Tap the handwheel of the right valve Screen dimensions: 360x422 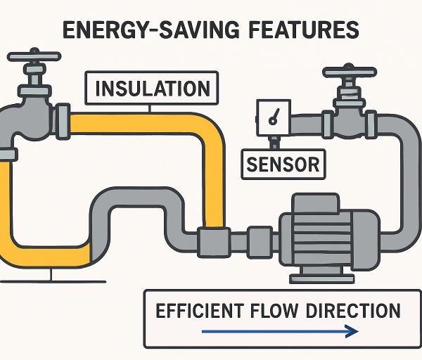(349, 72)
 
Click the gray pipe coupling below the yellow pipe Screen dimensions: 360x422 (211, 240)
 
